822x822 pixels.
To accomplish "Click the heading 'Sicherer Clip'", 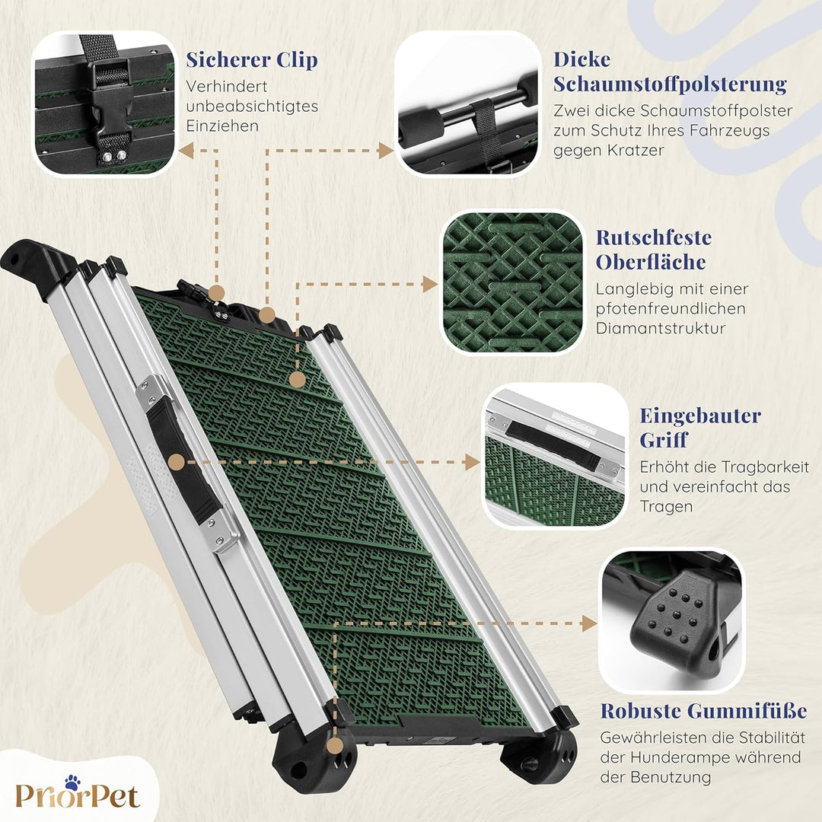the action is [252, 60].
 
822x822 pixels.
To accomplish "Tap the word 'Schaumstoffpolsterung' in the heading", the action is [670, 84].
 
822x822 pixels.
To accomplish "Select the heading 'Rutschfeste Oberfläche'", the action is [654, 250].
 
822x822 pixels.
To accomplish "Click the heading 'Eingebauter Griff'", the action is [700, 428].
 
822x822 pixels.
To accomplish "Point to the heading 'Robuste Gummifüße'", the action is [703, 711].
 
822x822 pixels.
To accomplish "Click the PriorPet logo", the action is [78, 792].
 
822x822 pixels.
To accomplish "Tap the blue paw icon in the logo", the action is [72, 782].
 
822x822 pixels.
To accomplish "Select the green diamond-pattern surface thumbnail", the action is [512, 283].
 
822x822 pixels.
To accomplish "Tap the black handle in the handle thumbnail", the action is [553, 444].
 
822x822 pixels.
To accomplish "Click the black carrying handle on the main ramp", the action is [183, 460].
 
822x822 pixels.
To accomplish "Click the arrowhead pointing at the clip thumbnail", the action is [186, 151].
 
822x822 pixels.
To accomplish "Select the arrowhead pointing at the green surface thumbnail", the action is [430, 284].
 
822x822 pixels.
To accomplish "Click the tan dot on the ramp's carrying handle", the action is [177, 463].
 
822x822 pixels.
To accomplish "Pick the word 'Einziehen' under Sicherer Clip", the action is [222, 126].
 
